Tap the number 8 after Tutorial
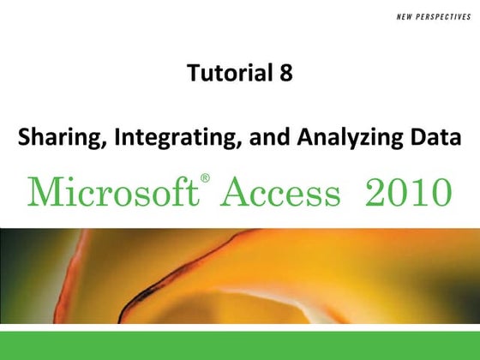click(x=285, y=74)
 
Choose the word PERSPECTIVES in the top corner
click(x=429, y=14)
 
